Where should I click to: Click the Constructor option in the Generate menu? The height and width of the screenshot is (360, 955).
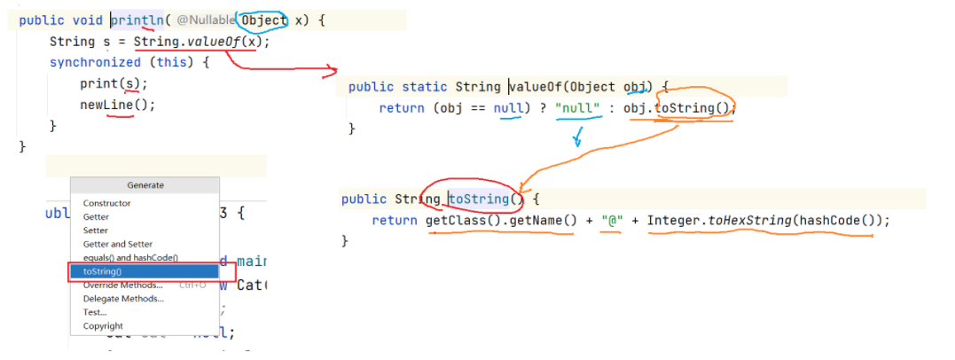106,203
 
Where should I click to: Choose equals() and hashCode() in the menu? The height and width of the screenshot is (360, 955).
130,258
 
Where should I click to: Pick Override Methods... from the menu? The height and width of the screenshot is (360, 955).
122,286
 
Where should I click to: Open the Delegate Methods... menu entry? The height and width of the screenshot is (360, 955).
123,299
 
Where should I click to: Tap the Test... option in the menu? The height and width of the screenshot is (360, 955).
95,312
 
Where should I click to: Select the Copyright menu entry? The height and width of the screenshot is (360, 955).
103,326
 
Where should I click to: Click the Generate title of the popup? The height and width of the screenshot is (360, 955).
145,185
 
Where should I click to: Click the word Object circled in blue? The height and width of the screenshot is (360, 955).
264,20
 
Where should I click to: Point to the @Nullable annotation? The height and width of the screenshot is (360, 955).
206,20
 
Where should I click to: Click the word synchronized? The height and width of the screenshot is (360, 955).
95,62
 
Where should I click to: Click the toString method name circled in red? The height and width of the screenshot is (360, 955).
478,200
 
